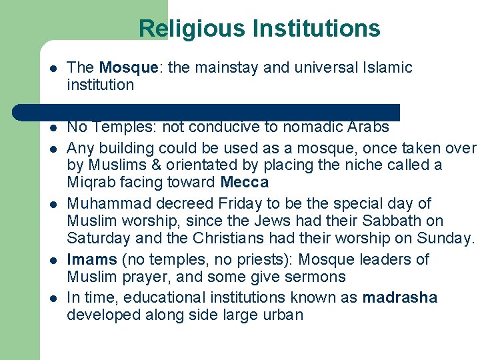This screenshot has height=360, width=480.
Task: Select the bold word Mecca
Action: (244, 182)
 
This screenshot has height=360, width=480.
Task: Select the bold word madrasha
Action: (399, 297)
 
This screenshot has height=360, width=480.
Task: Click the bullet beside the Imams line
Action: (52, 260)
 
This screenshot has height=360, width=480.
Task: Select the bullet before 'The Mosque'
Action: (52, 68)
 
